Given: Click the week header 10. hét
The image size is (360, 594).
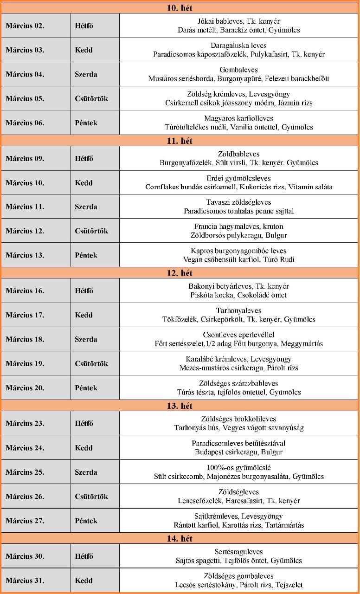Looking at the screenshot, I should coord(180,8).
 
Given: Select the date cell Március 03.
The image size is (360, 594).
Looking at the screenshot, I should coord(25,50).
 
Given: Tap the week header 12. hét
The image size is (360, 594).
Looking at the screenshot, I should coord(180,273).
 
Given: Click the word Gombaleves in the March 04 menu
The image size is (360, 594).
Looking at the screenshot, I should coord(238,70).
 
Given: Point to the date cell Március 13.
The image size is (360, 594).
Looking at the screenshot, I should coord(25,255).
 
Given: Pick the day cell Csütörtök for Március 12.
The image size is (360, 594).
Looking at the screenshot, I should coord(91,231).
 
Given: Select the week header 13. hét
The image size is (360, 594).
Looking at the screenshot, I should coord(180,406).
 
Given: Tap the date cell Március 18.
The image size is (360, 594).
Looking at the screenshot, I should coord(25,339).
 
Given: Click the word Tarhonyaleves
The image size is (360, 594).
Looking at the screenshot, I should coord(238,310).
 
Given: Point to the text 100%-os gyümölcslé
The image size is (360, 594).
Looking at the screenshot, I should coord(238,467).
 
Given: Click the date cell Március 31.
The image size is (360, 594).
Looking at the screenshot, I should coord(25,581).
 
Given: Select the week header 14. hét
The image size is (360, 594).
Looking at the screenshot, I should coord(180,539).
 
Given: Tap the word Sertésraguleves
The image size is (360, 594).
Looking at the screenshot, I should coord(238,552).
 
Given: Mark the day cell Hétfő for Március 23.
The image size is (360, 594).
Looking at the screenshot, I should coord(84,424).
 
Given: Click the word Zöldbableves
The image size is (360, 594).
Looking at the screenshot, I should coord(238,154).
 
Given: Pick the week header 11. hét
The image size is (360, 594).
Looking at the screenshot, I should coord(180,141).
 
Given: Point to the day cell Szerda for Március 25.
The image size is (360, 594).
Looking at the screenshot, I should coord(86,472).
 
